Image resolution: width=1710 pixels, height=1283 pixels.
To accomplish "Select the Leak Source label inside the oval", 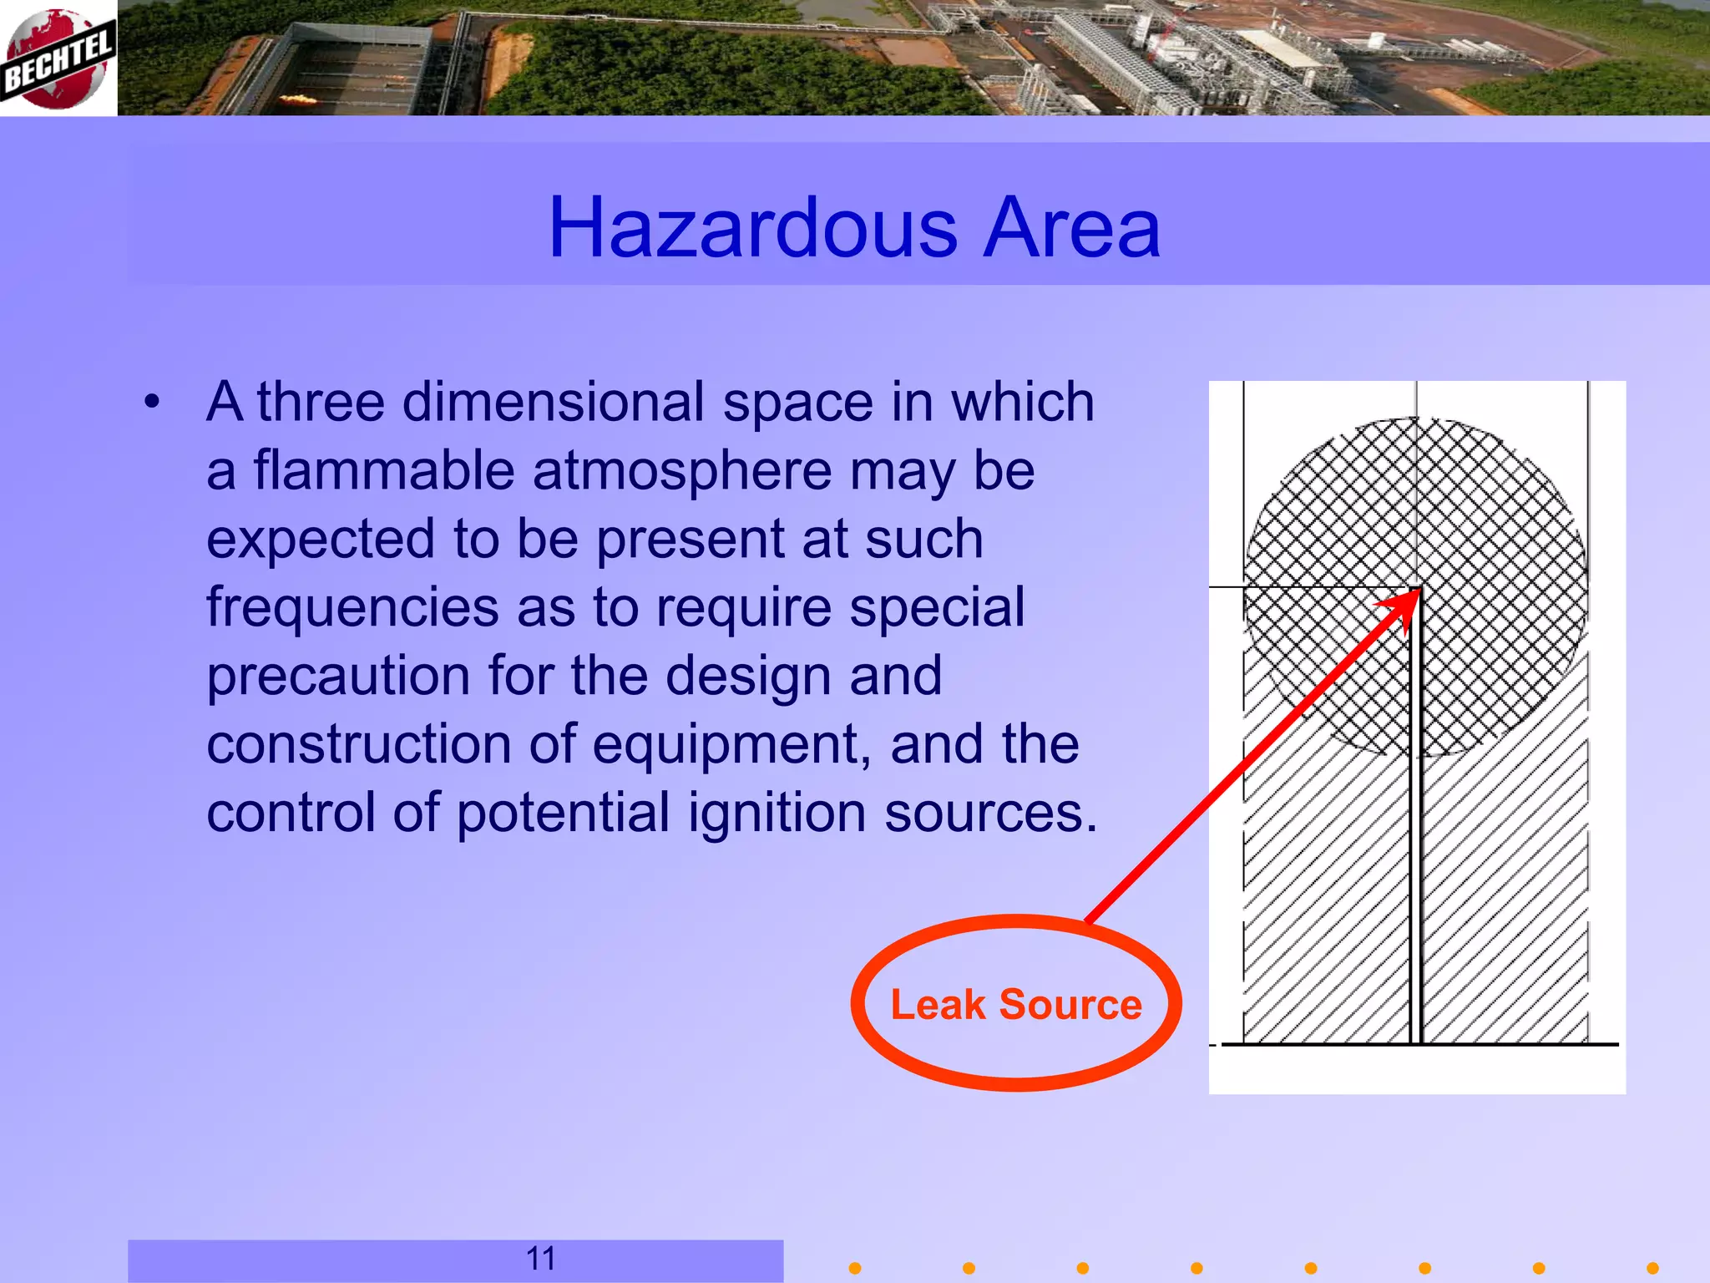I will [1016, 1004].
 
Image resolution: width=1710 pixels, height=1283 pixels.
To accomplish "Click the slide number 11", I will [541, 1258].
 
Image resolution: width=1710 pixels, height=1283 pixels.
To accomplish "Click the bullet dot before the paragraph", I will [151, 402].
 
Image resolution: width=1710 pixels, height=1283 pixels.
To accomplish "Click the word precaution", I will [338, 675].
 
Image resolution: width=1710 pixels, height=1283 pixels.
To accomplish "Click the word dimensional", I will [554, 402].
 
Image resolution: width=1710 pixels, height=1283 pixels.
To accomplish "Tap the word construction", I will [359, 744].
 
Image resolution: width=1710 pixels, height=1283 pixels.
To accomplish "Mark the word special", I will [937, 606].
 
